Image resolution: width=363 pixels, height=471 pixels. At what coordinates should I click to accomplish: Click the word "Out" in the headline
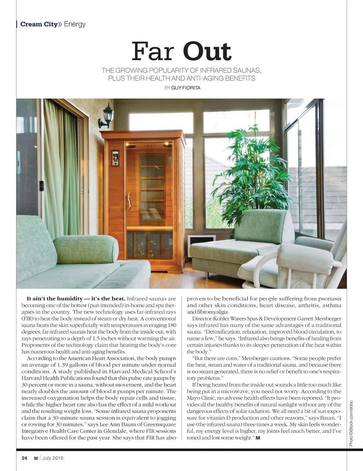tap(207, 52)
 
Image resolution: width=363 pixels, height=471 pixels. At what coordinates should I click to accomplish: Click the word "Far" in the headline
tap(152, 52)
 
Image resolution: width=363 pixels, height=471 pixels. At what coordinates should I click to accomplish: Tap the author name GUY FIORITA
tap(185, 88)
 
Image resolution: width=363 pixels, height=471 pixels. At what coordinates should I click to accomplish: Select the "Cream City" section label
tap(39, 24)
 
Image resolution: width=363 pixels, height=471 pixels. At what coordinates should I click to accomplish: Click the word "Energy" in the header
tap(75, 24)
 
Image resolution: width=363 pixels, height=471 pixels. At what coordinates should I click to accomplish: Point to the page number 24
tap(24, 458)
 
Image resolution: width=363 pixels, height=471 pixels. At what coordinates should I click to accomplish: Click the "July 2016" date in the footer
tap(53, 458)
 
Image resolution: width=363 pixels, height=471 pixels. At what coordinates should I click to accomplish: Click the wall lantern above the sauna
tap(107, 117)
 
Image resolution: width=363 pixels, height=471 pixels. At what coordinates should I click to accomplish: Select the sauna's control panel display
tap(116, 158)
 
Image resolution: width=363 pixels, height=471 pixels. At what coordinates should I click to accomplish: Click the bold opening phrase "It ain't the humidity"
tap(55, 299)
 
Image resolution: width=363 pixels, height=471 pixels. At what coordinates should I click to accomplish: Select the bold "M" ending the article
tap(258, 438)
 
